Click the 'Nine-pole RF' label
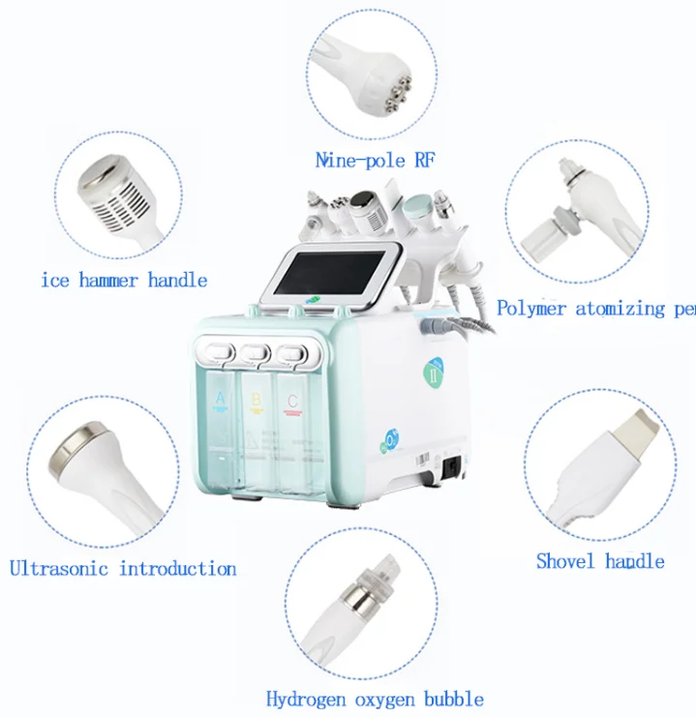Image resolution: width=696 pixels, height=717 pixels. point(375,161)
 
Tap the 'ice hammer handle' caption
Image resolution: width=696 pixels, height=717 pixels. point(124,281)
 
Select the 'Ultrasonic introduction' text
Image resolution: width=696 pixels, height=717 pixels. point(123,568)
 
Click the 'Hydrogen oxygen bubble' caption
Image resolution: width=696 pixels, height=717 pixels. point(375,698)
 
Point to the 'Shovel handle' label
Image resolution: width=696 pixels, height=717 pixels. point(600,561)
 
